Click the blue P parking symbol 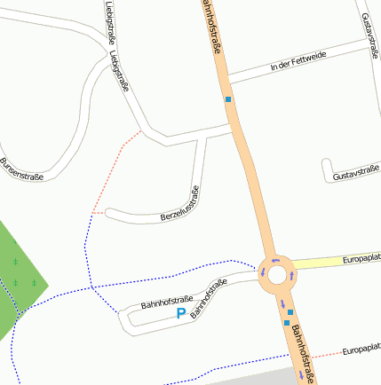pyautogui.click(x=181, y=314)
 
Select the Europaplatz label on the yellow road pyautogui.click(x=361, y=259)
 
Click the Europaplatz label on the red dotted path pyautogui.click(x=361, y=350)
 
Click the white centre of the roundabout pyautogui.click(x=277, y=275)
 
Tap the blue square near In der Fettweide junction pyautogui.click(x=228, y=99)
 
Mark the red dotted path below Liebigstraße pyautogui.click(x=115, y=173)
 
